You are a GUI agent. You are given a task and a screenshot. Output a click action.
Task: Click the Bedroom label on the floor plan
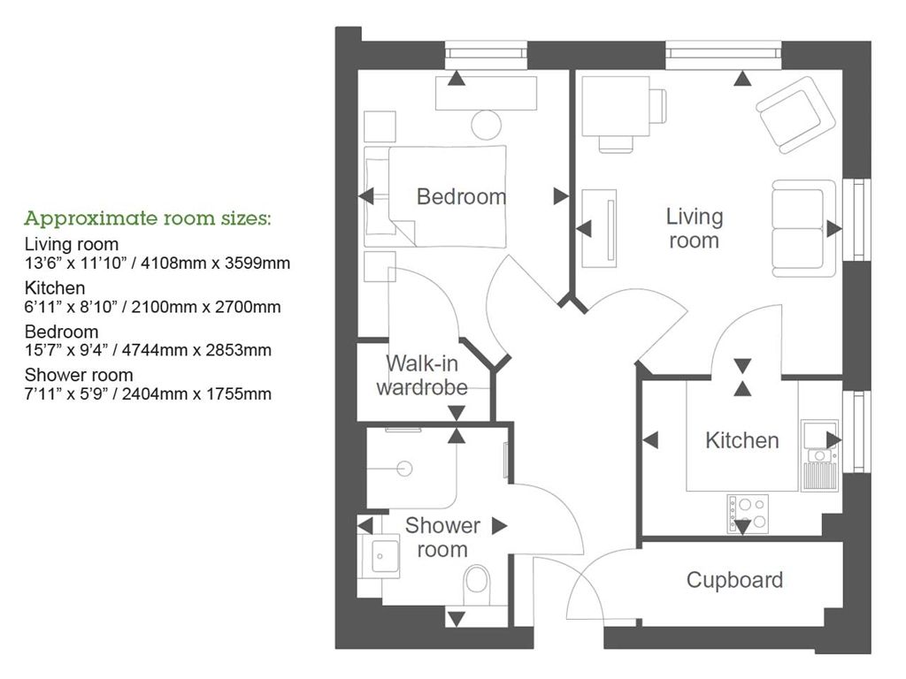pyautogui.click(x=461, y=196)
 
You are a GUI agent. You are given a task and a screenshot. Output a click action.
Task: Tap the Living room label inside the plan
pyautogui.click(x=695, y=228)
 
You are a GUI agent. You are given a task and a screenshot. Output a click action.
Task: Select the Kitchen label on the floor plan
pyautogui.click(x=741, y=440)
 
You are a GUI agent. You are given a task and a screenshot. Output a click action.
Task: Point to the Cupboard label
pyautogui.click(x=734, y=580)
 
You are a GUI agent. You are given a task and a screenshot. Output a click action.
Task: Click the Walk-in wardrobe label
pyautogui.click(x=420, y=376)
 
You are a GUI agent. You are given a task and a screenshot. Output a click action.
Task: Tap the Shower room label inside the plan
pyautogui.click(x=441, y=538)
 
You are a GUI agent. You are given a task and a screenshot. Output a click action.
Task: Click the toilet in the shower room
pyautogui.click(x=476, y=583)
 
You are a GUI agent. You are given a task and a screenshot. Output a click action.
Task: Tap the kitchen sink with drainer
pyautogui.click(x=818, y=455)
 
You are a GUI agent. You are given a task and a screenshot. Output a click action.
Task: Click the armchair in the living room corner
pyautogui.click(x=795, y=115)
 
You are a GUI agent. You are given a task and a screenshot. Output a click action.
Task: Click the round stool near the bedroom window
pyautogui.click(x=487, y=125)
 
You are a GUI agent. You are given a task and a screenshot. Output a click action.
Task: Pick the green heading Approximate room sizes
pyautogui.click(x=148, y=218)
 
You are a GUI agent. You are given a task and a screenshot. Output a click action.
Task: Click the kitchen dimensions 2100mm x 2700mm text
pyautogui.click(x=152, y=308)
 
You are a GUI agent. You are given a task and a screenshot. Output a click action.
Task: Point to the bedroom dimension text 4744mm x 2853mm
pyautogui.click(x=148, y=350)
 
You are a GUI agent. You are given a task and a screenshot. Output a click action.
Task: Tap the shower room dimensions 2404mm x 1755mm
pyautogui.click(x=148, y=393)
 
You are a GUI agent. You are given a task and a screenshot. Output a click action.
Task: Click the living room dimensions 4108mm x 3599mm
pyautogui.click(x=157, y=263)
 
